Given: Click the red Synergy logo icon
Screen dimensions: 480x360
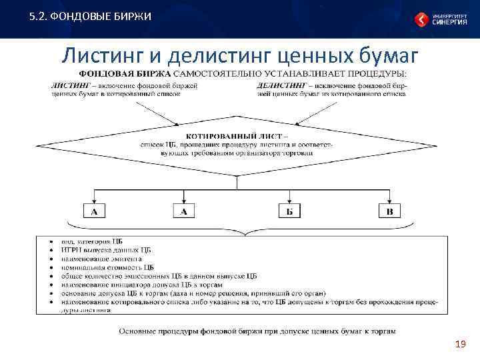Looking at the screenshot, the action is click(421, 19).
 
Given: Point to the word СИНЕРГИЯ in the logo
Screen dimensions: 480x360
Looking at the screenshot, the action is click(449, 21).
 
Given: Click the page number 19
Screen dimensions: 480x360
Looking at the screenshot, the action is click(459, 344).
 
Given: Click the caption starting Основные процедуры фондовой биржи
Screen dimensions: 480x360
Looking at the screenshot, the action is click(257, 330).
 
